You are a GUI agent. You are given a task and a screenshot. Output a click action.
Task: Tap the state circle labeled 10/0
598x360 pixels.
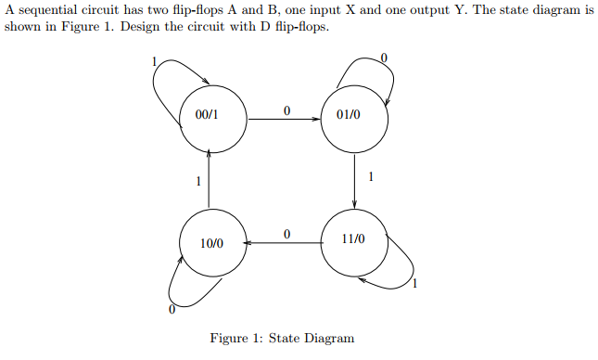(x=213, y=243)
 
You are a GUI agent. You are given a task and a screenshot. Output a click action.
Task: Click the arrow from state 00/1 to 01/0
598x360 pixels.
(x=284, y=119)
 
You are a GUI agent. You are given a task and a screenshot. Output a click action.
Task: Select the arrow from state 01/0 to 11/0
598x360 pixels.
(x=355, y=181)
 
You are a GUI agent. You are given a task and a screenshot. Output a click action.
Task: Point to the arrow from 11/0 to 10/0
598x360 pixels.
(x=284, y=243)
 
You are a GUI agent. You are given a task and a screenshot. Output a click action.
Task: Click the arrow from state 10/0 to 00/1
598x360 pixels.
(x=210, y=181)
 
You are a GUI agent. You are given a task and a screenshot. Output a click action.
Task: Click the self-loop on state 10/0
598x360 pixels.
(x=184, y=293)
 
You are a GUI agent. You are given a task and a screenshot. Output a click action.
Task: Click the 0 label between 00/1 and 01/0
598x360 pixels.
(x=286, y=110)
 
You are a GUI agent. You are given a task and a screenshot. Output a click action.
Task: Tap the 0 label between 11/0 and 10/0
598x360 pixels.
(x=286, y=234)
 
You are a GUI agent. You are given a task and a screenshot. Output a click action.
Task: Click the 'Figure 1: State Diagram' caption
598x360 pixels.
(x=282, y=338)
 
